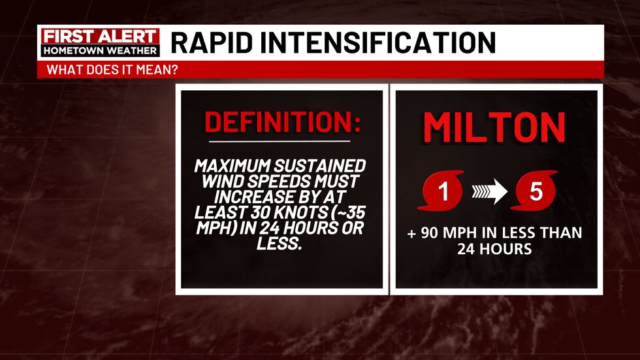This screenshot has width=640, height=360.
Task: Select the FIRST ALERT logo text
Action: tap(99, 37)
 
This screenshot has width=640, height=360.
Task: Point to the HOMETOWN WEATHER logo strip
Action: tap(99, 50)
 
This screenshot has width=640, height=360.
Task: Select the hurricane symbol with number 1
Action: tap(444, 191)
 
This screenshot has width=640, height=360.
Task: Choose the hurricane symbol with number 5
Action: tap(536, 191)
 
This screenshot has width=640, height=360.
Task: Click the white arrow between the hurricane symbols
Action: tap(490, 192)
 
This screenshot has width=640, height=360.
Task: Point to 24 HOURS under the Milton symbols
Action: tap(494, 248)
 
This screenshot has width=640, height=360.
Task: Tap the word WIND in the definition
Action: tap(219, 182)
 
